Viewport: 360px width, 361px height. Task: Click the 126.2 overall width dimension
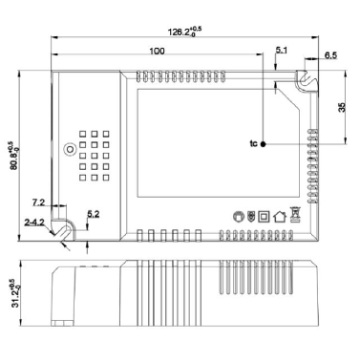(x=184, y=32)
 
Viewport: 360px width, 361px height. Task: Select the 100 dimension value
(x=158, y=51)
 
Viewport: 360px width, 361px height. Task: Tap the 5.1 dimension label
(x=282, y=50)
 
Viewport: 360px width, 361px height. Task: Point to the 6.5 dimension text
(x=330, y=55)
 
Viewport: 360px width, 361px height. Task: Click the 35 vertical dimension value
(x=342, y=107)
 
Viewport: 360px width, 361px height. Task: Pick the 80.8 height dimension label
(x=14, y=155)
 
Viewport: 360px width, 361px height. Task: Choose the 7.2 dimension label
(x=38, y=202)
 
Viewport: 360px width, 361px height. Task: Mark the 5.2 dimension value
(x=94, y=214)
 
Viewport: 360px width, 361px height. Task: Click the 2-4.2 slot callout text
(x=34, y=223)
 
